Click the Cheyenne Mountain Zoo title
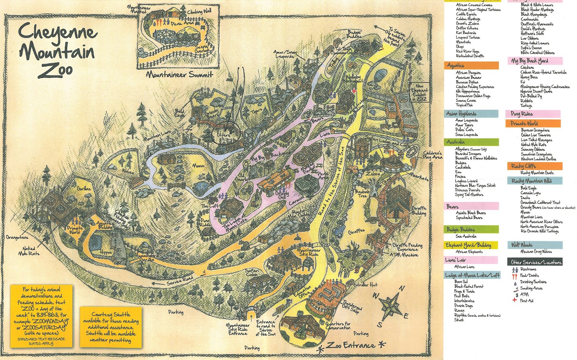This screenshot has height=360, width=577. [x=58, y=51]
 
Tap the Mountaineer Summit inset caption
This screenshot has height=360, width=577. [x=180, y=75]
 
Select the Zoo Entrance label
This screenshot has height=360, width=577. [x=351, y=346]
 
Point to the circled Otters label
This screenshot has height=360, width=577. [x=224, y=135]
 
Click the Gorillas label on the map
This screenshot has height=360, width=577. [x=84, y=189]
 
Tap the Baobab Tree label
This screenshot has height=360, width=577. [x=362, y=194]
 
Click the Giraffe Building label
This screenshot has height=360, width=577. [x=419, y=211]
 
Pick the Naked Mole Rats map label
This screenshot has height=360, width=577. [x=29, y=251]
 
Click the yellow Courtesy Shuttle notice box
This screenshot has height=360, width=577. [x=110, y=328]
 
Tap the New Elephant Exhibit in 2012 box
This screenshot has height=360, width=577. [x=420, y=93]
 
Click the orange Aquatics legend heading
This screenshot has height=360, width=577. [x=471, y=66]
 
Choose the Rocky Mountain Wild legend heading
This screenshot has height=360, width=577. [x=534, y=181]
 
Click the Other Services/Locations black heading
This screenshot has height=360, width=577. [x=535, y=262]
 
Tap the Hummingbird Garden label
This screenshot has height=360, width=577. [x=146, y=258]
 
